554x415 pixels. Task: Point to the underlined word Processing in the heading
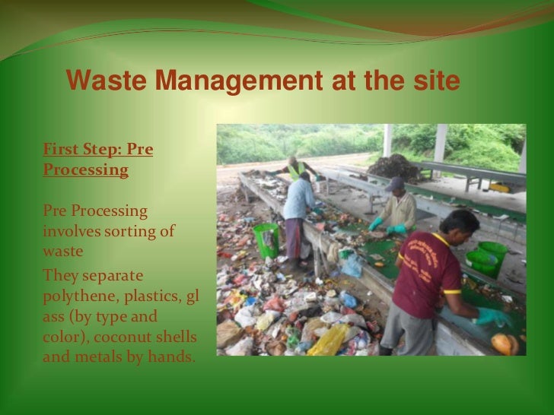click(x=85, y=169)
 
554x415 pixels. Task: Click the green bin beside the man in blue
click(x=266, y=239)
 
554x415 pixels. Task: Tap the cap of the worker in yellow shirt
click(x=394, y=184)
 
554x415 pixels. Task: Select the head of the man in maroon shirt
click(x=460, y=224)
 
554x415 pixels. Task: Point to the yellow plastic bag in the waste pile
click(x=328, y=340)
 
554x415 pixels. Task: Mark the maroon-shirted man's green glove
click(x=491, y=316)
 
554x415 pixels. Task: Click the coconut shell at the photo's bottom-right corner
click(x=505, y=344)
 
